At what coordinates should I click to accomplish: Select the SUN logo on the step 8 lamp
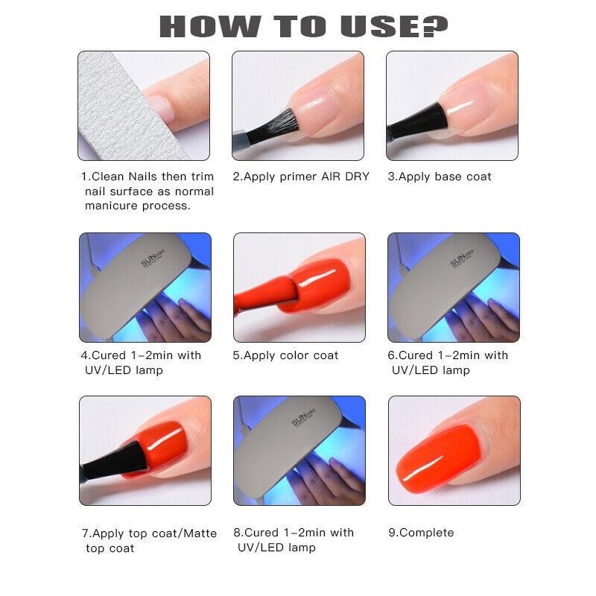(305, 425)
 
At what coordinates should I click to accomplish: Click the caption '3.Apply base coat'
(440, 177)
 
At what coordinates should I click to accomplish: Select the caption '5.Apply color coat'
(285, 355)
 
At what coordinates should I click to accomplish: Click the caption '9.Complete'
(421, 533)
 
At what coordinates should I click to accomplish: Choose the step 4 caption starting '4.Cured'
(142, 363)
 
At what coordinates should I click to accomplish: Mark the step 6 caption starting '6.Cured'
(448, 363)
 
